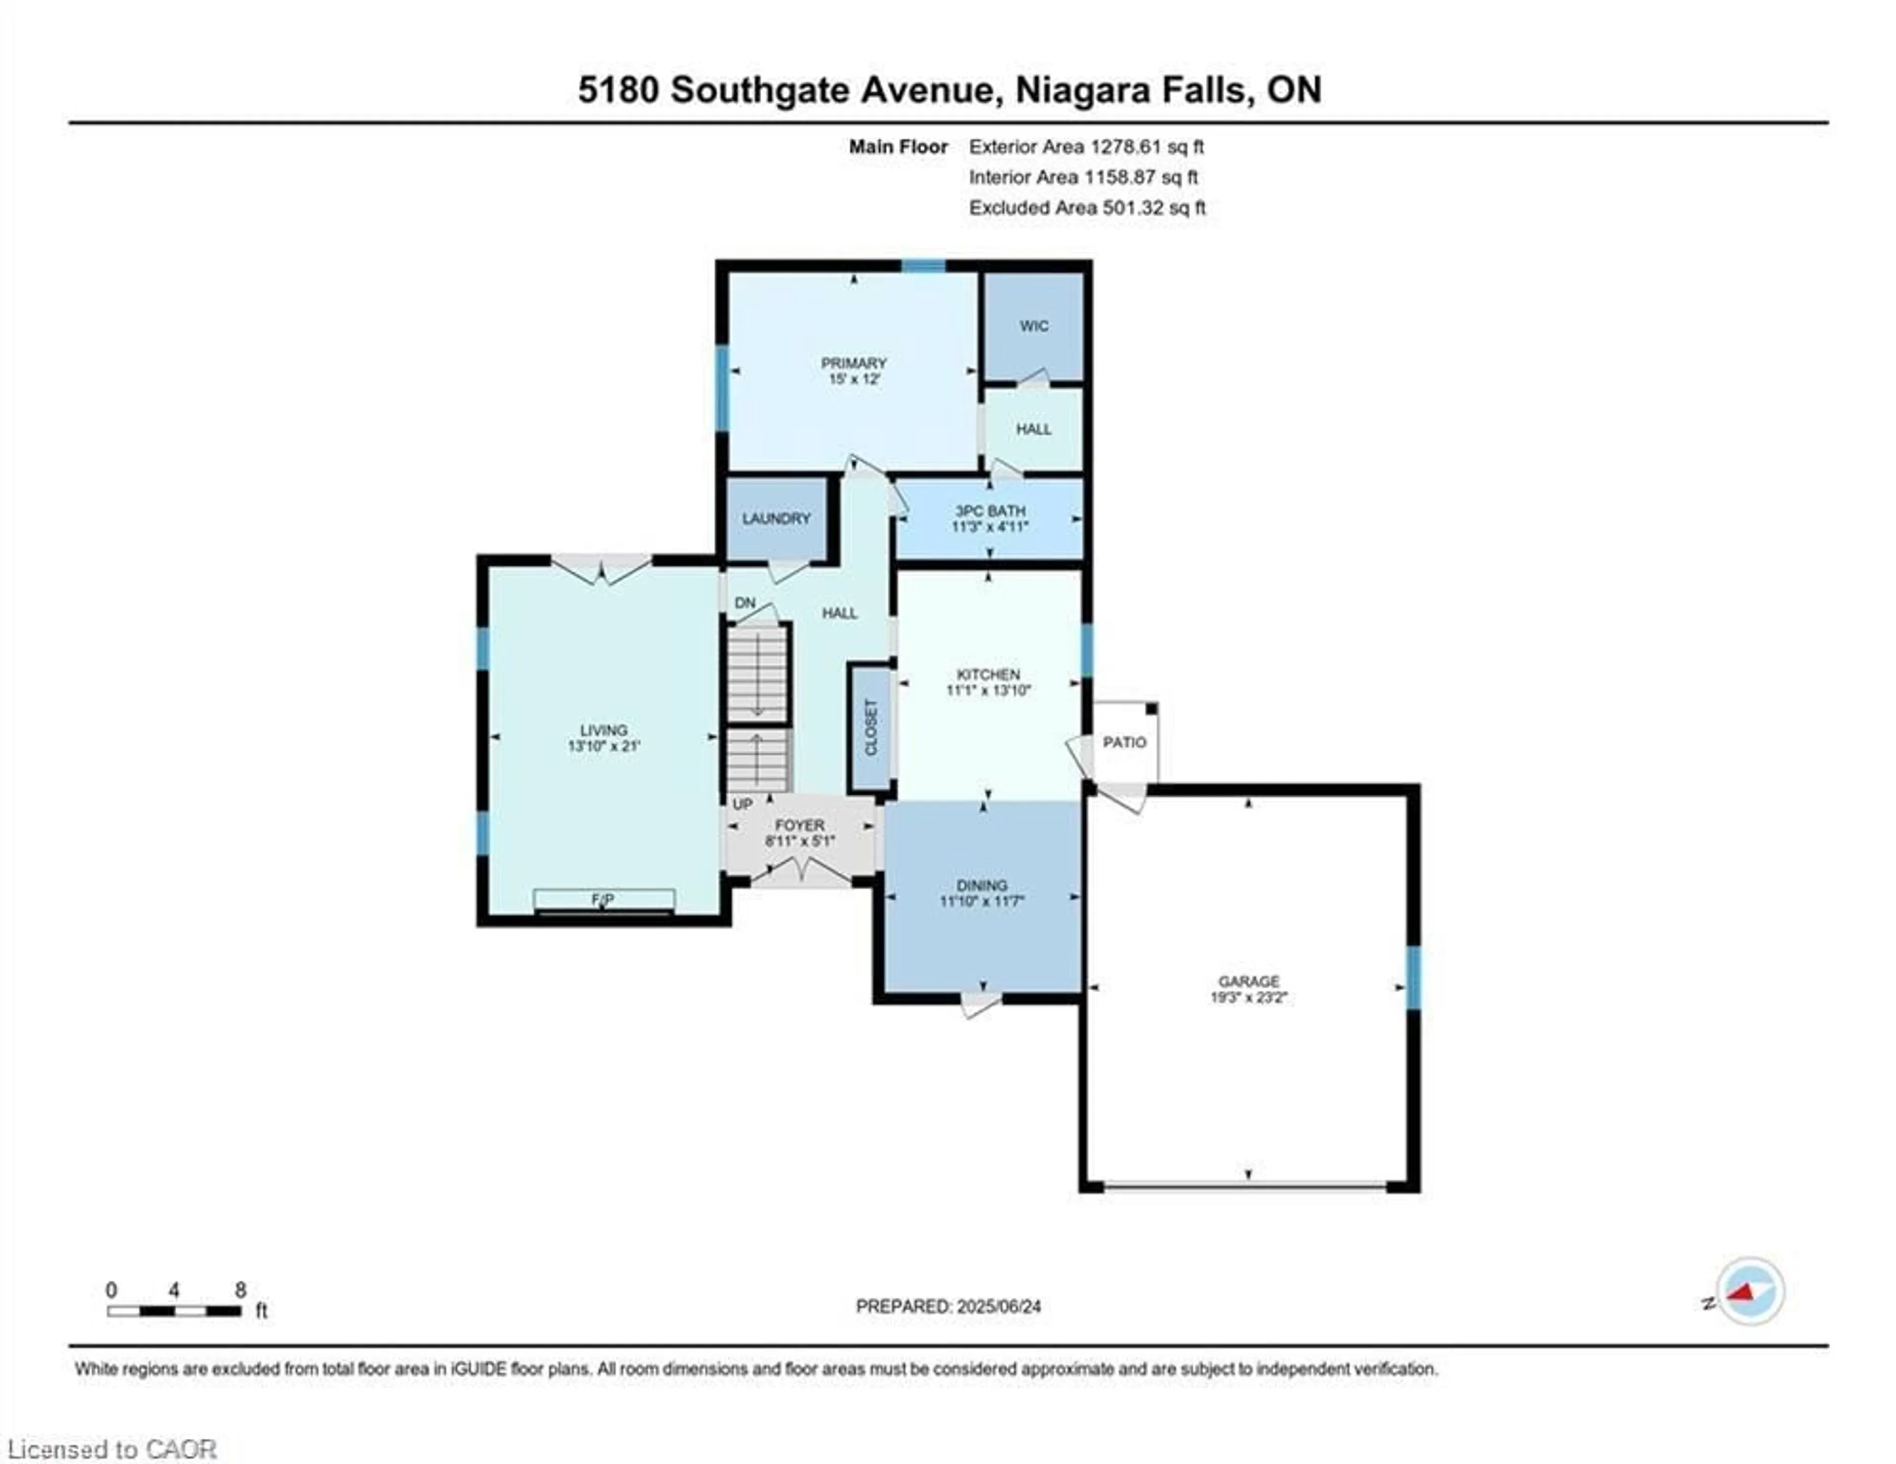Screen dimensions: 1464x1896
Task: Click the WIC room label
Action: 1033,325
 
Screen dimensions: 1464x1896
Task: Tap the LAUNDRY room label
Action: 776,519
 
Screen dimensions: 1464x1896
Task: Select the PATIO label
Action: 1124,742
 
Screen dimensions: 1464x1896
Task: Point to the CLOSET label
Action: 871,728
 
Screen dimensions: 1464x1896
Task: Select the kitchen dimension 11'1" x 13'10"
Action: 988,691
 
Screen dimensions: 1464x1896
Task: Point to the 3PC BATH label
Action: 989,511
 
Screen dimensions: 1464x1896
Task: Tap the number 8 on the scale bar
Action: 240,1290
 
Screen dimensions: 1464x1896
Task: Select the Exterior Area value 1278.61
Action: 1125,147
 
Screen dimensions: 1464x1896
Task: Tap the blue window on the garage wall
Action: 1413,978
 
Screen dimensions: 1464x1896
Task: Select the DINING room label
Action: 982,886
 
